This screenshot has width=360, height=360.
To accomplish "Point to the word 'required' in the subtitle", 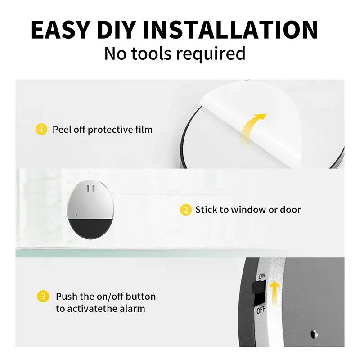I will click(211, 54).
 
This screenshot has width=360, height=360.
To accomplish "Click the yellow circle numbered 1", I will click(41, 130).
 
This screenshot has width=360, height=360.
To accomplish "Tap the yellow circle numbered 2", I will click(185, 210).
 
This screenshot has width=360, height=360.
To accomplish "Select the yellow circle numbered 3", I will click(43, 297).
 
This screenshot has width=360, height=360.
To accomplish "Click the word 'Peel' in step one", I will click(61, 130).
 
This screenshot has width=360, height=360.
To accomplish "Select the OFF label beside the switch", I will click(261, 310).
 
